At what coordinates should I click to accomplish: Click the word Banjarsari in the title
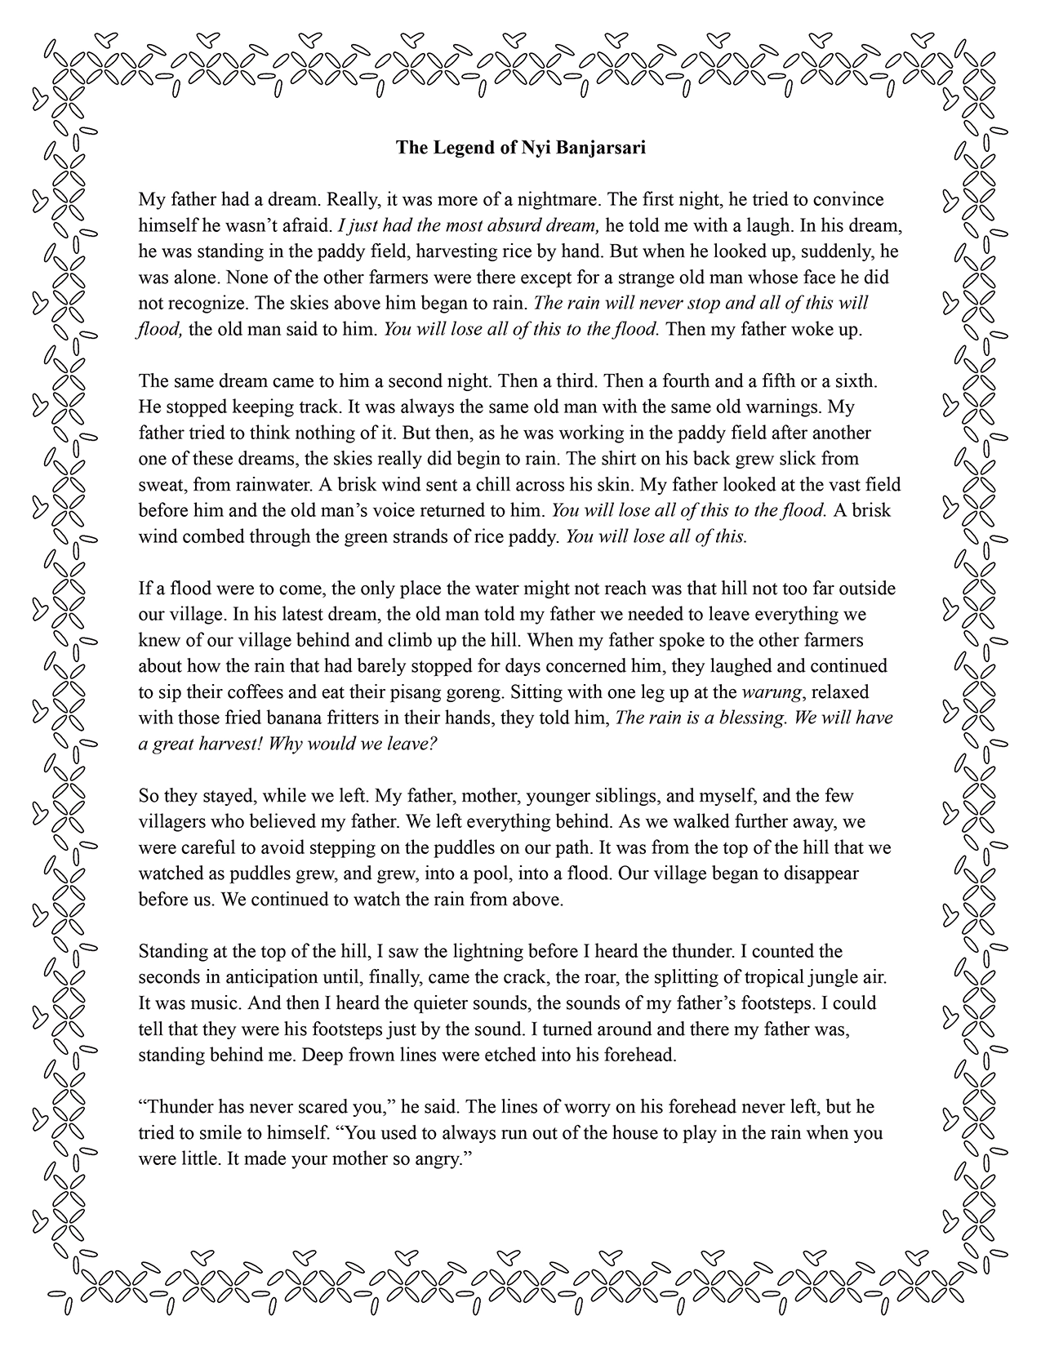coord(598,148)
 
